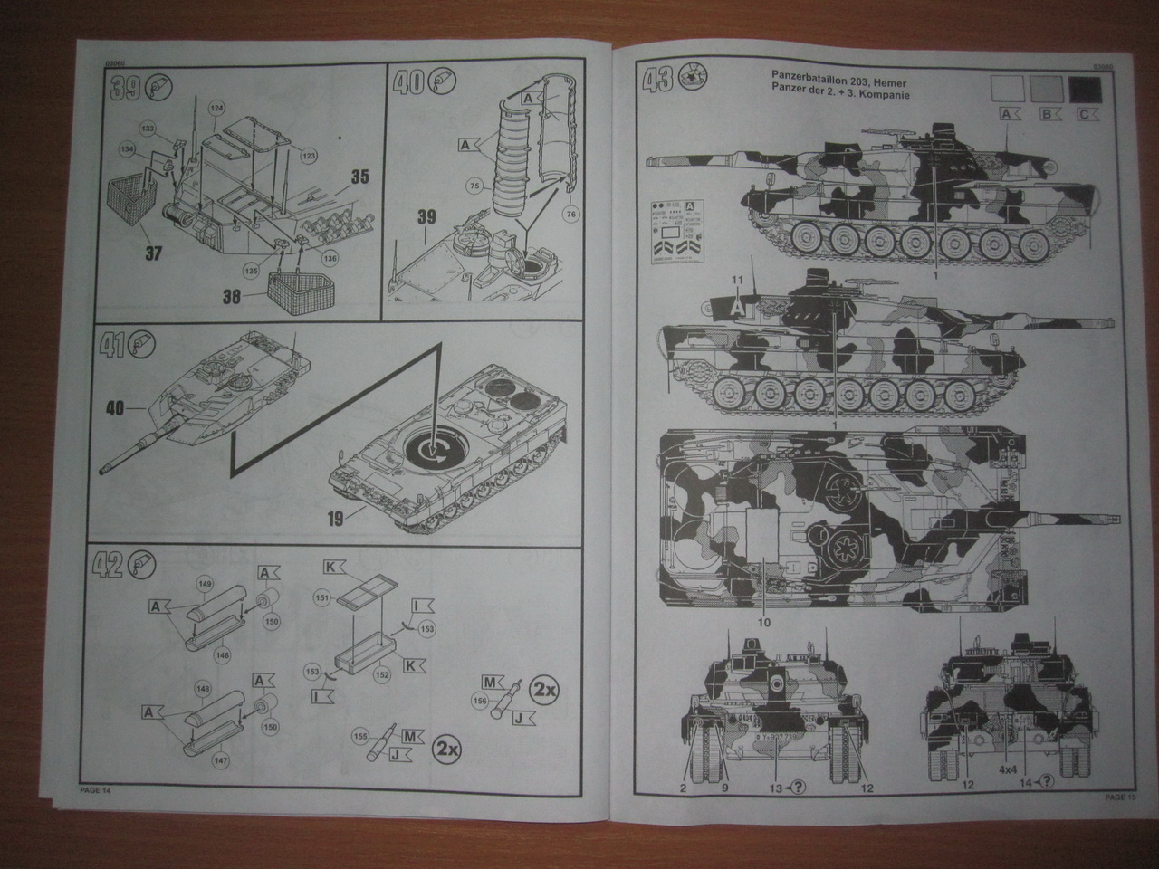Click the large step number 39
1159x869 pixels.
(124, 87)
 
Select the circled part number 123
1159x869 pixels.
(310, 157)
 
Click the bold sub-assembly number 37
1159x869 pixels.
(153, 253)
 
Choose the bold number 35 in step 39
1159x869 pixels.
(359, 178)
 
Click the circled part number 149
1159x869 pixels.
(206, 585)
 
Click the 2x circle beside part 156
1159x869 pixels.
(543, 689)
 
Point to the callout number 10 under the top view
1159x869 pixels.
(763, 623)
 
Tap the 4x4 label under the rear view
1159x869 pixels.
(1009, 770)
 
